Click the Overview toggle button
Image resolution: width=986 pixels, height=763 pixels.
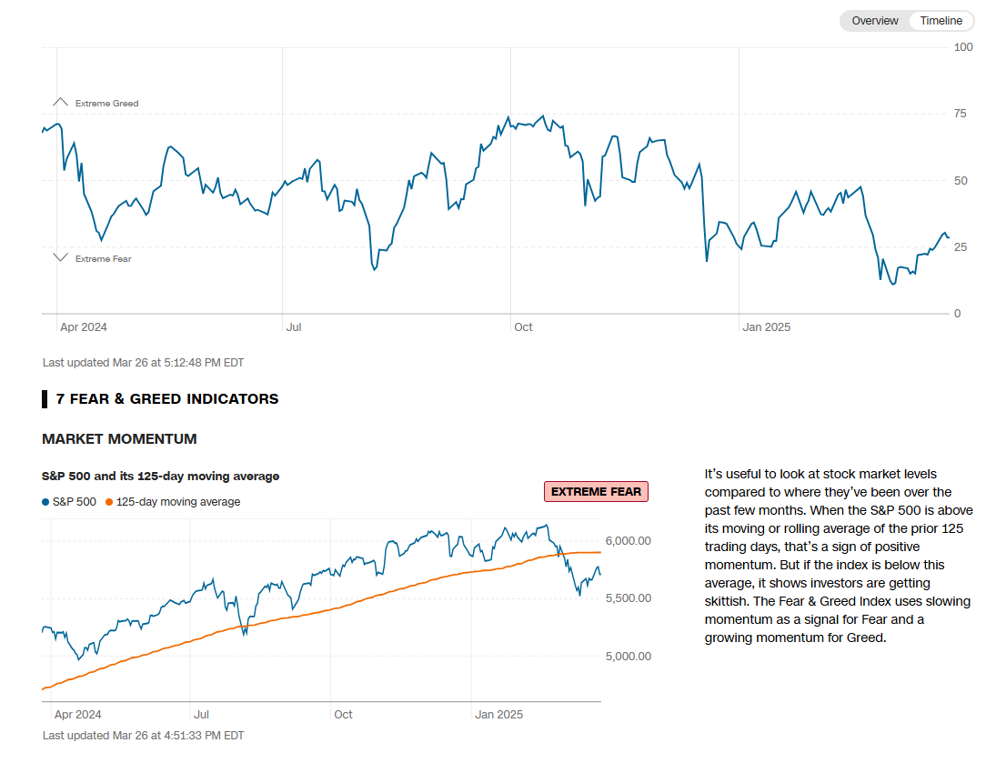(874, 21)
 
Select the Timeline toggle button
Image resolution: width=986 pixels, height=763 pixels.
(941, 21)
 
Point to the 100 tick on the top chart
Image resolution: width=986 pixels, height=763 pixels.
(963, 46)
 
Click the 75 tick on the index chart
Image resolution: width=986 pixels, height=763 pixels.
(960, 114)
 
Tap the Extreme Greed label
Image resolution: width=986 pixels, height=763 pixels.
(106, 104)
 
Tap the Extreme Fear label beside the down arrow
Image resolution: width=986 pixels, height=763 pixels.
(103, 259)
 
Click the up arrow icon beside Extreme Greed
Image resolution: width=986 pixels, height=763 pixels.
(61, 102)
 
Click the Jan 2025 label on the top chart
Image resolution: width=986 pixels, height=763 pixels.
(767, 326)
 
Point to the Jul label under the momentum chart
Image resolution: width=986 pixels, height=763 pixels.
(201, 715)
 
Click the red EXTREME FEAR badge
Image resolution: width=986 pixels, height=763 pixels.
(596, 492)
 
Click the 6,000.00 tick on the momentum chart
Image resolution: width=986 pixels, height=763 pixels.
(629, 541)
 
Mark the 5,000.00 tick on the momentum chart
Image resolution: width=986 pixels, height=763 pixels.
(629, 657)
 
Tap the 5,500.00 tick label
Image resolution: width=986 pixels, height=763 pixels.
(629, 598)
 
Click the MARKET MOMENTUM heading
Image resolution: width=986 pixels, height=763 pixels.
(119, 439)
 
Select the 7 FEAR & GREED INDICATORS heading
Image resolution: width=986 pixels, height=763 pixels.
(167, 399)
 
